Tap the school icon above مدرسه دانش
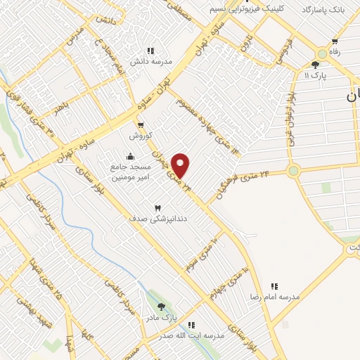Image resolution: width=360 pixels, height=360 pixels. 150,51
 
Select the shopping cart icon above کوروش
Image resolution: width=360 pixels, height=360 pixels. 140,124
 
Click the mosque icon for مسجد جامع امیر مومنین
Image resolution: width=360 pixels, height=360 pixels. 129,156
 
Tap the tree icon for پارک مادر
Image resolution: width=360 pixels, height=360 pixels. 162,307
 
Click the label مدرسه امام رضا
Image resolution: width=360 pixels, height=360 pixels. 275,297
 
